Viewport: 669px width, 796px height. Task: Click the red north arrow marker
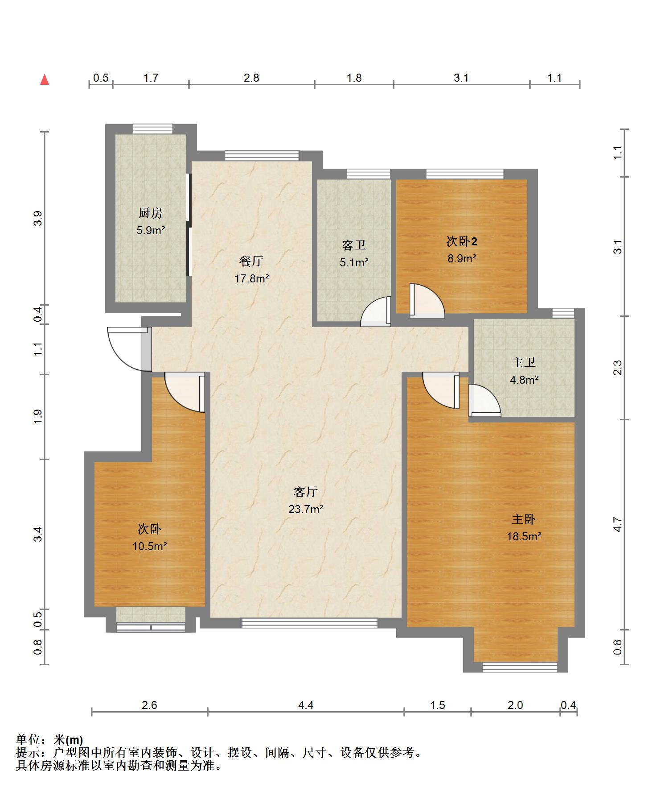tap(45, 80)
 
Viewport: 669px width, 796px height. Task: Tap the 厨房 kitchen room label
tap(150, 213)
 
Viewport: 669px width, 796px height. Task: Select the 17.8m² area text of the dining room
tap(251, 279)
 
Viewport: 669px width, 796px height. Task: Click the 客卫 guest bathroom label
tap(354, 245)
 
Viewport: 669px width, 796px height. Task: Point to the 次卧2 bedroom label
tap(462, 241)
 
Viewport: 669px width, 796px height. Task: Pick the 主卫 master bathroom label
tap(524, 362)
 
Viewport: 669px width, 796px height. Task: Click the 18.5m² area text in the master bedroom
tap(524, 536)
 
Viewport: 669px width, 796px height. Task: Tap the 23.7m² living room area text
tap(306, 509)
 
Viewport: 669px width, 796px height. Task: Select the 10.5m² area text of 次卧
tap(149, 546)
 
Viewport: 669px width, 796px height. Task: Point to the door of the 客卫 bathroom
tap(376, 311)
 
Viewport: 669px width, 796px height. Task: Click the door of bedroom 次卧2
tap(427, 301)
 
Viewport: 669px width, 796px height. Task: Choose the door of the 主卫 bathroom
tap(484, 400)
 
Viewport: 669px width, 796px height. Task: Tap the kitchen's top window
tap(152, 129)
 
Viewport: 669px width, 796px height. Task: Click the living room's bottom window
tap(309, 623)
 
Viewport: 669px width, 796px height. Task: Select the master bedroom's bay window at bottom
tap(520, 667)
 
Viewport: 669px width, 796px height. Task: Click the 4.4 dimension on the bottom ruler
tap(306, 705)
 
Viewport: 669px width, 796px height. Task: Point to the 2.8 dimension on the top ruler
tap(251, 78)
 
